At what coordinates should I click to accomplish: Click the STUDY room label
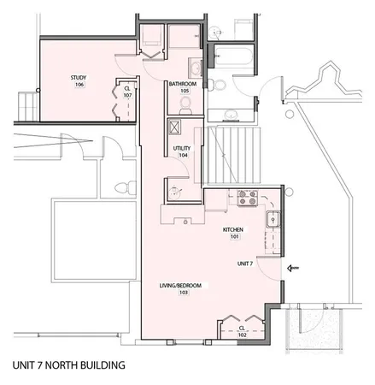point(79,79)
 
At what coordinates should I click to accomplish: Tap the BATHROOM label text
point(183,85)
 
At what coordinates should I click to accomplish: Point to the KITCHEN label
point(234,230)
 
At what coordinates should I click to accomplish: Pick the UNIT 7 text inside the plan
point(245,264)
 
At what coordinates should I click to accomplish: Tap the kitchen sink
point(276,221)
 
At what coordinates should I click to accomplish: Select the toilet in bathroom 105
point(185,104)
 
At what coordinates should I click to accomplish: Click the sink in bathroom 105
point(195,68)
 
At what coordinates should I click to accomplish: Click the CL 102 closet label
point(242,330)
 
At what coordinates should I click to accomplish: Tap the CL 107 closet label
point(127,91)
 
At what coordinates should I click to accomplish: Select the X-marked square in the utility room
point(175,126)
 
